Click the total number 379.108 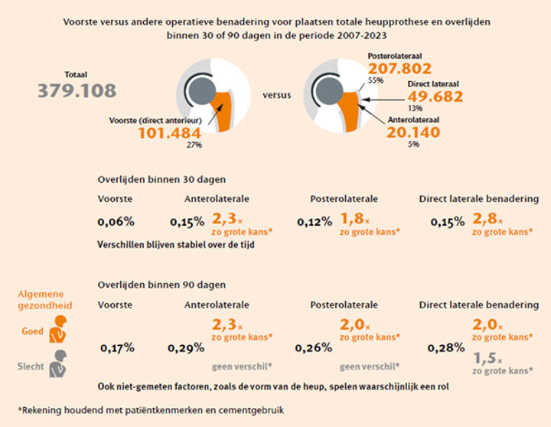pos(77,90)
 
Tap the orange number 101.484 pos(169,132)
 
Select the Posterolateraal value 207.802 pos(399,68)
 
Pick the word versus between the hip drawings pos(276,96)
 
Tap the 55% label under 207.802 pos(375,80)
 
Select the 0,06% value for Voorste pos(116,222)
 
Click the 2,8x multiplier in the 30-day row pos(487,217)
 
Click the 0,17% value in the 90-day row pos(117,347)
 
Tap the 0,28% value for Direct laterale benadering pos(446,347)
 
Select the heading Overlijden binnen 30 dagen pos(161,180)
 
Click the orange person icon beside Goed pos(56,334)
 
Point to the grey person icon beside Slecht pos(57,367)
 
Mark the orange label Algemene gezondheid pos(41,300)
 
